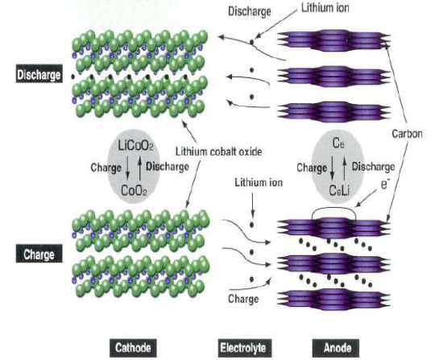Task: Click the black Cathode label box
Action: click(133, 348)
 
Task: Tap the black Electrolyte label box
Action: click(243, 348)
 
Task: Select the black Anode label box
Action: click(337, 348)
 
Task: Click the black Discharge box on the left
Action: click(39, 74)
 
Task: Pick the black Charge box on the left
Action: click(39, 254)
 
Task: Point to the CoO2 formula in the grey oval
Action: click(134, 191)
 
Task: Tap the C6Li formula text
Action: click(339, 191)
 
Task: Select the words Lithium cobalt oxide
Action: click(218, 151)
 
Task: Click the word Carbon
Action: click(407, 134)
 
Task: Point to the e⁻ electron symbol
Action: click(385, 184)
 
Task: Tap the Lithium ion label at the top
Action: click(325, 8)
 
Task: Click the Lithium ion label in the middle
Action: click(259, 183)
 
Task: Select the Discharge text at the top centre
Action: click(250, 11)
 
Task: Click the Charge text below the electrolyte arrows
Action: click(243, 299)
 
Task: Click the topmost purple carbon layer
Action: click(334, 40)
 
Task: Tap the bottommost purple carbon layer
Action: click(334, 300)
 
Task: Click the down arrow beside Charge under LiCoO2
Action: click(127, 168)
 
